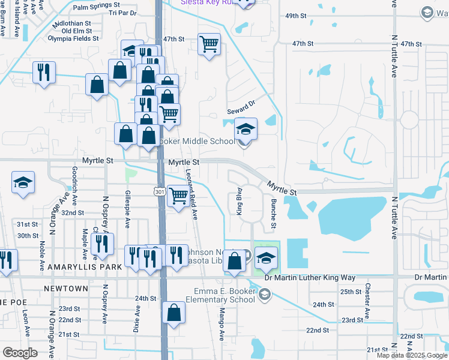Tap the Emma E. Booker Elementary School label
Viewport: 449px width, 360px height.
(224, 295)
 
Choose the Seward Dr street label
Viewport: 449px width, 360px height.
(241, 107)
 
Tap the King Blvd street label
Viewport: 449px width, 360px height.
(238, 204)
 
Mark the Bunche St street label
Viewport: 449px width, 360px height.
(273, 214)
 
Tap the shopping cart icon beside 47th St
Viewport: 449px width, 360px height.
(209, 43)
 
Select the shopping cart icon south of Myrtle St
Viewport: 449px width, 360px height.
(178, 196)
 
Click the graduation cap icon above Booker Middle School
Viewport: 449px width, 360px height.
(245, 128)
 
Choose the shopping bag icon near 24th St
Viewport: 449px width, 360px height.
(173, 313)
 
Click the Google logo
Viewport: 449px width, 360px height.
(20, 353)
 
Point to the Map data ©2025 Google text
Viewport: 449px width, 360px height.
(411, 355)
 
